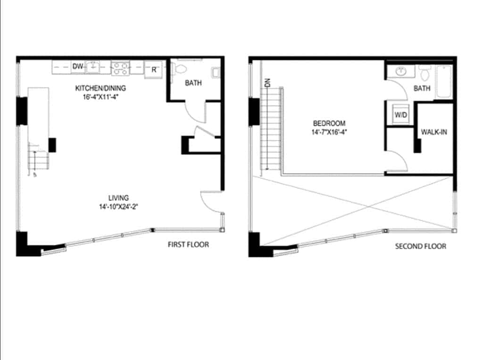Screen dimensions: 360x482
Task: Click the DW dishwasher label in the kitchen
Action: [78, 67]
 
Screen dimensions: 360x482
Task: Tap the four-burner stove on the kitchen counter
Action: [120, 68]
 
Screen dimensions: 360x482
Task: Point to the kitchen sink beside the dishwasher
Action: [93, 67]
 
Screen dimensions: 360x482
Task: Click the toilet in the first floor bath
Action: [178, 69]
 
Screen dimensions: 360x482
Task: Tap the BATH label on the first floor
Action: [193, 83]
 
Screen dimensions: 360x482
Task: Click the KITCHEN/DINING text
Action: [101, 88]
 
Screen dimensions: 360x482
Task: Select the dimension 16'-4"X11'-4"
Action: [101, 97]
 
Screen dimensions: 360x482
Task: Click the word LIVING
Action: [118, 198]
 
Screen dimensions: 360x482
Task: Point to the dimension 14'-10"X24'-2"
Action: [118, 207]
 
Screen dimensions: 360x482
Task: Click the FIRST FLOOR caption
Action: [188, 244]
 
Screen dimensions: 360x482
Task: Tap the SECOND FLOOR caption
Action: [420, 246]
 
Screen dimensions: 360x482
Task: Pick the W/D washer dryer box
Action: [400, 115]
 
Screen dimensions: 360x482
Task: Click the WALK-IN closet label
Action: [434, 133]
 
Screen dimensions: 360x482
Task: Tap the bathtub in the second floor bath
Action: [444, 81]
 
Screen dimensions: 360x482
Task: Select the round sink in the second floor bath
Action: [402, 72]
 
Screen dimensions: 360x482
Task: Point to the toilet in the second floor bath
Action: [424, 73]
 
